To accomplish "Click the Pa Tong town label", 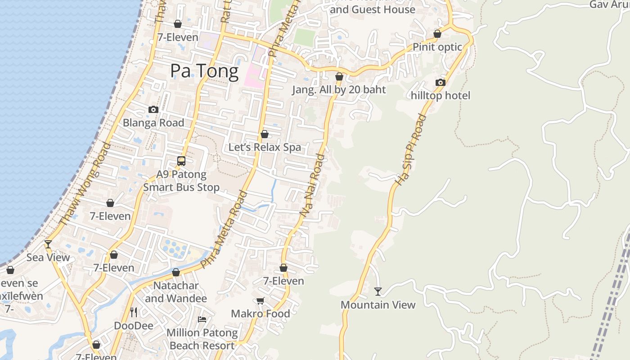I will click(x=204, y=72).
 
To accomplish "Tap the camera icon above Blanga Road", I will click(x=153, y=109).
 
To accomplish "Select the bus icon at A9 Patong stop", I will click(x=181, y=161).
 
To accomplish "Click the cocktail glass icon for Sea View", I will click(x=48, y=244).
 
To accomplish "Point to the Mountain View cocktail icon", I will click(x=378, y=292).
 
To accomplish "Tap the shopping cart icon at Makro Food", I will click(x=260, y=301).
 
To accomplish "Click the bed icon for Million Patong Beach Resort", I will click(x=202, y=319).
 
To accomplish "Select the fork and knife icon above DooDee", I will click(x=134, y=312).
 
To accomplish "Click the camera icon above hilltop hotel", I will click(x=441, y=82).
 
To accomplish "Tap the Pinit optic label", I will click(x=437, y=47).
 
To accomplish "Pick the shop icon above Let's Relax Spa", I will click(x=265, y=134).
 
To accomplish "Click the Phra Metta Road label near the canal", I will click(x=224, y=230).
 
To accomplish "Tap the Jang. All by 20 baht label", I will click(x=339, y=90).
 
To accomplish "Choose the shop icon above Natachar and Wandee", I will click(x=176, y=272).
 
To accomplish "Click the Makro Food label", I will click(x=260, y=314).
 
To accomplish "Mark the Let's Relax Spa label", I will click(x=265, y=147).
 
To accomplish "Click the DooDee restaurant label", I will click(x=134, y=325).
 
